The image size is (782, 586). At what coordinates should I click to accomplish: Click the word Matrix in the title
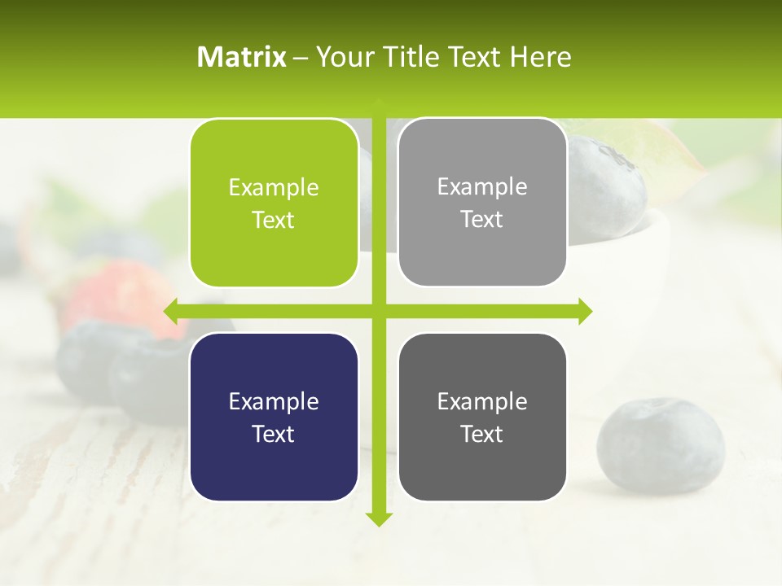(x=242, y=57)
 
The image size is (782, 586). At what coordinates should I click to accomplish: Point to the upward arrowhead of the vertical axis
(x=379, y=103)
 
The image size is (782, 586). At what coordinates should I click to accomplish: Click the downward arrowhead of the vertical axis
(x=379, y=518)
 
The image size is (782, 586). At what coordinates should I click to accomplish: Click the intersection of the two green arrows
(x=379, y=311)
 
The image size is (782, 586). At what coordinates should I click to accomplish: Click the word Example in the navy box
(x=274, y=401)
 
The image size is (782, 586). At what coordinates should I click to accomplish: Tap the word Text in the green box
(x=274, y=220)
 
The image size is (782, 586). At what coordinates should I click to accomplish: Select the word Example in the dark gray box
(x=482, y=401)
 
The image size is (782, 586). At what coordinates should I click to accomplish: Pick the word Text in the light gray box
(x=482, y=219)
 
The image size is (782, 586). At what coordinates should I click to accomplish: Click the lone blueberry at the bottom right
(x=660, y=445)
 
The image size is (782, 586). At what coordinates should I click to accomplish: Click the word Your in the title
(x=342, y=57)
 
